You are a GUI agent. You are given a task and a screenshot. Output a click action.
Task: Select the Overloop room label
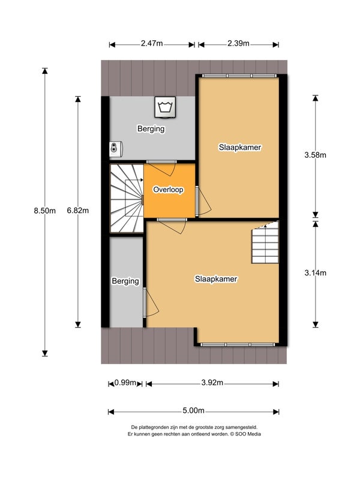tap(168, 190)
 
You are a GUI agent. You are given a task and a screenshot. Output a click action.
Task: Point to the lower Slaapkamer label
tap(216, 279)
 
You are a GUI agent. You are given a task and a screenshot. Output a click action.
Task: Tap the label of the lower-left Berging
tap(125, 281)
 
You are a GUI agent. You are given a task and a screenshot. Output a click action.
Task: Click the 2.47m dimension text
tap(152, 44)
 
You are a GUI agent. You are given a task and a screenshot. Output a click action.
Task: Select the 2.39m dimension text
tap(238, 44)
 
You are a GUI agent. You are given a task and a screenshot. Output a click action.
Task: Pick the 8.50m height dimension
tap(44, 211)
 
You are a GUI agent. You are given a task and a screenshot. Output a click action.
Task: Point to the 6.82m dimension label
tap(77, 211)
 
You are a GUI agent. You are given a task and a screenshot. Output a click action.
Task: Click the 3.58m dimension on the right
tap(315, 155)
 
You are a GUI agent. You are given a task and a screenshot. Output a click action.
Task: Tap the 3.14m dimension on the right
tap(315, 272)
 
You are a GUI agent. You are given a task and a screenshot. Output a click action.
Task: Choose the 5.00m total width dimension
tap(193, 411)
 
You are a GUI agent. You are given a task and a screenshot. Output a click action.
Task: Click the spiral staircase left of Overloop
tap(127, 198)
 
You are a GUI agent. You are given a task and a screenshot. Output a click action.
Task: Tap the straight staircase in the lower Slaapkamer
tap(265, 243)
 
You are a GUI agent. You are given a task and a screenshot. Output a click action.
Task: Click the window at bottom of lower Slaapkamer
tap(239, 344)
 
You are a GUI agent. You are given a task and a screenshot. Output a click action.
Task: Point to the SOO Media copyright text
tap(193, 433)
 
